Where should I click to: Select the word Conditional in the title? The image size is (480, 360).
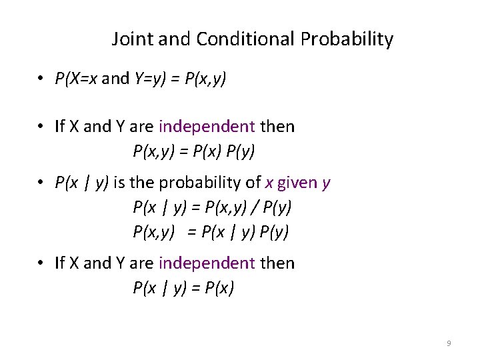(x=246, y=39)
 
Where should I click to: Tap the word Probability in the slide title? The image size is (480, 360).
(x=347, y=39)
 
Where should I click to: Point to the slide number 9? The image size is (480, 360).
(x=449, y=343)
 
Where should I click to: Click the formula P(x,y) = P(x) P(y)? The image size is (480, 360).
(x=194, y=152)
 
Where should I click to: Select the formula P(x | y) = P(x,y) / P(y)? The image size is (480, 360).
(x=212, y=207)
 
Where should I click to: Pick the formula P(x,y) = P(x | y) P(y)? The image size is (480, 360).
(x=212, y=231)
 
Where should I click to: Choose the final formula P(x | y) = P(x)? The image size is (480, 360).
(x=183, y=289)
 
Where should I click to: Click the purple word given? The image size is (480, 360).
(x=297, y=183)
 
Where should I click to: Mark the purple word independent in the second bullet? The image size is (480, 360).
(x=207, y=127)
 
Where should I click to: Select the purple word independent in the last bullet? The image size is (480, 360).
(x=207, y=263)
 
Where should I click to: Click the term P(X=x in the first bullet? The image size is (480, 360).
(x=77, y=79)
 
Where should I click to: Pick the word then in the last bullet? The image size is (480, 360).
(x=277, y=263)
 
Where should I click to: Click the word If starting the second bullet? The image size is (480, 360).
(x=59, y=127)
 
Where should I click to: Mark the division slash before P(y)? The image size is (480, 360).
(x=257, y=207)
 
